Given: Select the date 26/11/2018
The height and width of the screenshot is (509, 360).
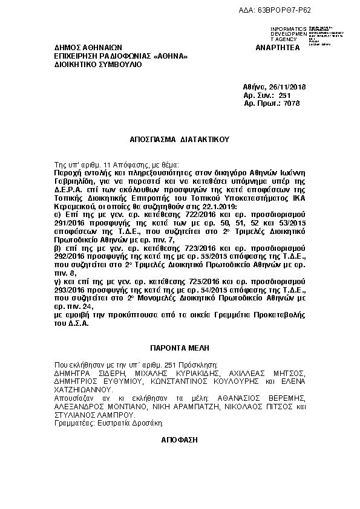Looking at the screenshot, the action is coord(285,87).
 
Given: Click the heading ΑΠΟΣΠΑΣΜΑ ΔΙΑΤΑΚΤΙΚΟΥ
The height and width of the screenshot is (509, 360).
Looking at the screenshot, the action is coord(180,138).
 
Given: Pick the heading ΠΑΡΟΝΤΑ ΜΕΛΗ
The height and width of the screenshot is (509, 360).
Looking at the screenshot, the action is coord(179,349).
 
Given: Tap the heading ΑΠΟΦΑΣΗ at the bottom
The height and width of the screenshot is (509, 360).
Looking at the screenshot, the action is coord(180,441).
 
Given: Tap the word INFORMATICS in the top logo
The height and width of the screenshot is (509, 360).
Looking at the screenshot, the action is coord(290,28).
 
